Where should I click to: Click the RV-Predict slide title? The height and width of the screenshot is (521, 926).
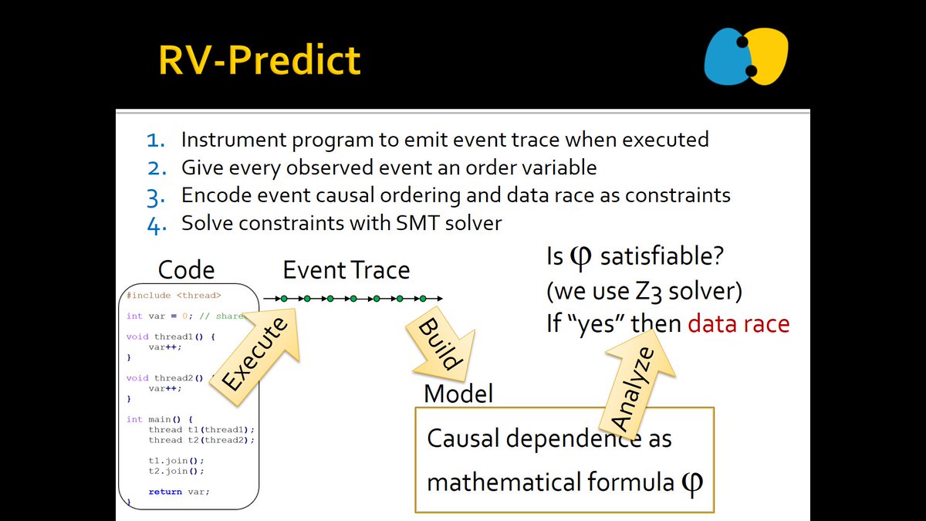(259, 59)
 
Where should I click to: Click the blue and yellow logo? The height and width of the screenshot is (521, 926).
(745, 56)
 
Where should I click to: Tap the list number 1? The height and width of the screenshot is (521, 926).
(157, 140)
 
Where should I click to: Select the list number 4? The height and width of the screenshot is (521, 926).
(157, 224)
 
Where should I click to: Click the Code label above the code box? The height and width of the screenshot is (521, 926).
(186, 270)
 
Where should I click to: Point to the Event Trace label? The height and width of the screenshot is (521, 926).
(346, 270)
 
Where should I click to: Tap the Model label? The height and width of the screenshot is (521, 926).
(458, 394)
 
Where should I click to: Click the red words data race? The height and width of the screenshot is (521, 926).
(738, 323)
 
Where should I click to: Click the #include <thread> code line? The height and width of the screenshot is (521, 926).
(174, 295)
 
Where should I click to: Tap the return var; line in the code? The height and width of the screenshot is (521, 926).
(178, 492)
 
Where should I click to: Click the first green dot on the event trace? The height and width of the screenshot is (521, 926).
(284, 298)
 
